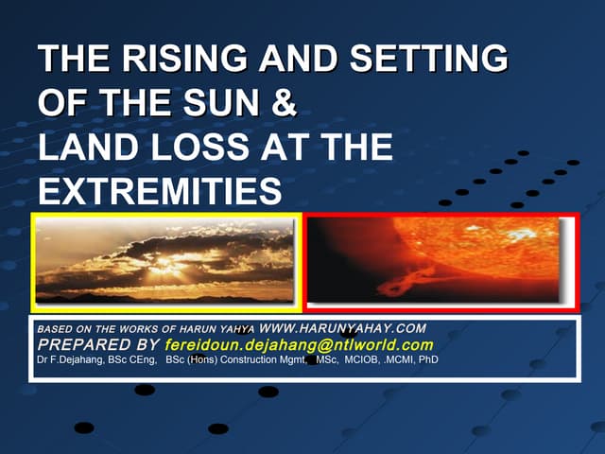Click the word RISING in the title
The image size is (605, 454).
tap(181, 60)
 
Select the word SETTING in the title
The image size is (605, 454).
tap(432, 60)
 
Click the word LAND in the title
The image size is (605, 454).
tap(90, 148)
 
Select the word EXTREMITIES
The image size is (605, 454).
tap(160, 193)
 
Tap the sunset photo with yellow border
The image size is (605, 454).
tap(166, 262)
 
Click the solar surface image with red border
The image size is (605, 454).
tap(441, 262)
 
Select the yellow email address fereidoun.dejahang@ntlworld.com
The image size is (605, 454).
tap(299, 344)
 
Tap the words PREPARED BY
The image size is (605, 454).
tap(96, 344)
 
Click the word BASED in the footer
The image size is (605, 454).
tap(53, 329)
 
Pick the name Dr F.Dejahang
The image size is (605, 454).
tap(66, 360)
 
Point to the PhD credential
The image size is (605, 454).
tap(427, 360)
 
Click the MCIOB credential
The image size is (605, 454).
tap(358, 360)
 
